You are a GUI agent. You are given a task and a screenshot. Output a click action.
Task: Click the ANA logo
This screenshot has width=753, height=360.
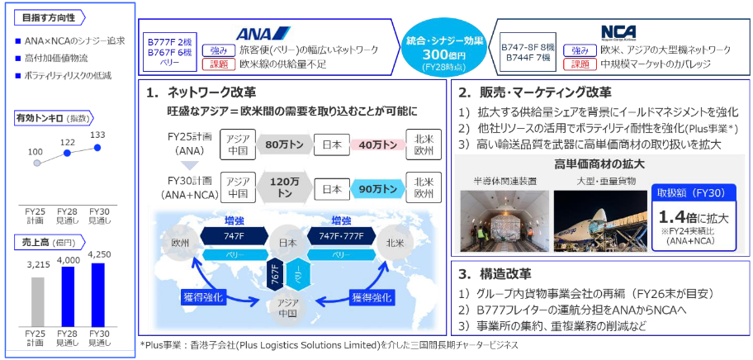tap(263, 33)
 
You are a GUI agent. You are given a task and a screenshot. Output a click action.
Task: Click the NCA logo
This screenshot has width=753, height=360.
tap(618, 32)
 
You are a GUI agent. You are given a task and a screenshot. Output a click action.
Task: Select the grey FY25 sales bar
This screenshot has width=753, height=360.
tap(37, 301)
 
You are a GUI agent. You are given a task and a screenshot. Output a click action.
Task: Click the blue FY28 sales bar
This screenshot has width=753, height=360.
tap(68, 296)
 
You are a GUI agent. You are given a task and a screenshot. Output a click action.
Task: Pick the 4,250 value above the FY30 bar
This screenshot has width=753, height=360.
tap(98, 255)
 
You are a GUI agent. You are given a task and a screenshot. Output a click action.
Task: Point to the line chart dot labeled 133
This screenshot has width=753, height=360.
tap(97, 147)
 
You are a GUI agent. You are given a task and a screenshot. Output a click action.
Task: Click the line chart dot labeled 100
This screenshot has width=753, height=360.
tap(37, 163)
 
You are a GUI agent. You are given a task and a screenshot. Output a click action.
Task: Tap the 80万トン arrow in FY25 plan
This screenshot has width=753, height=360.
tap(283, 144)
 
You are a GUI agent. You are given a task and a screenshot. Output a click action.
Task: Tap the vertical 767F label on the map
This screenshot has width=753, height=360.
tap(274, 277)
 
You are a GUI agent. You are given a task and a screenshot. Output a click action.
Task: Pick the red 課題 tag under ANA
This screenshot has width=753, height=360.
tap(218, 64)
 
